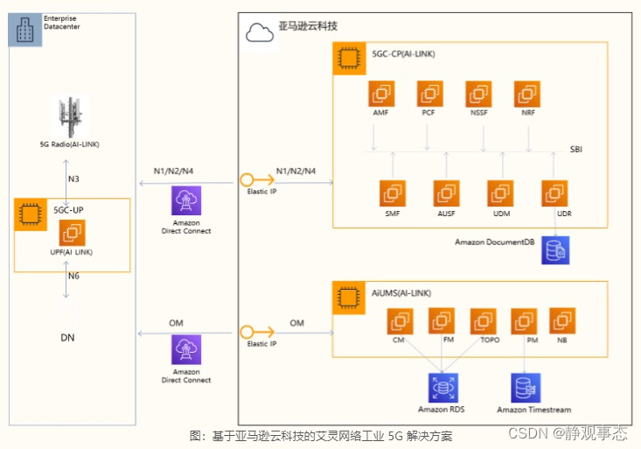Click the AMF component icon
(382, 93)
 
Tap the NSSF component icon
(478, 93)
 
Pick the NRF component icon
(526, 93)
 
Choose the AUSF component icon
(447, 193)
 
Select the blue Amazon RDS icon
(442, 387)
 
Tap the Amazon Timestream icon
(526, 387)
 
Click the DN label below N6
(67, 337)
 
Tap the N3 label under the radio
(74, 179)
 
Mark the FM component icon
(442, 321)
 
